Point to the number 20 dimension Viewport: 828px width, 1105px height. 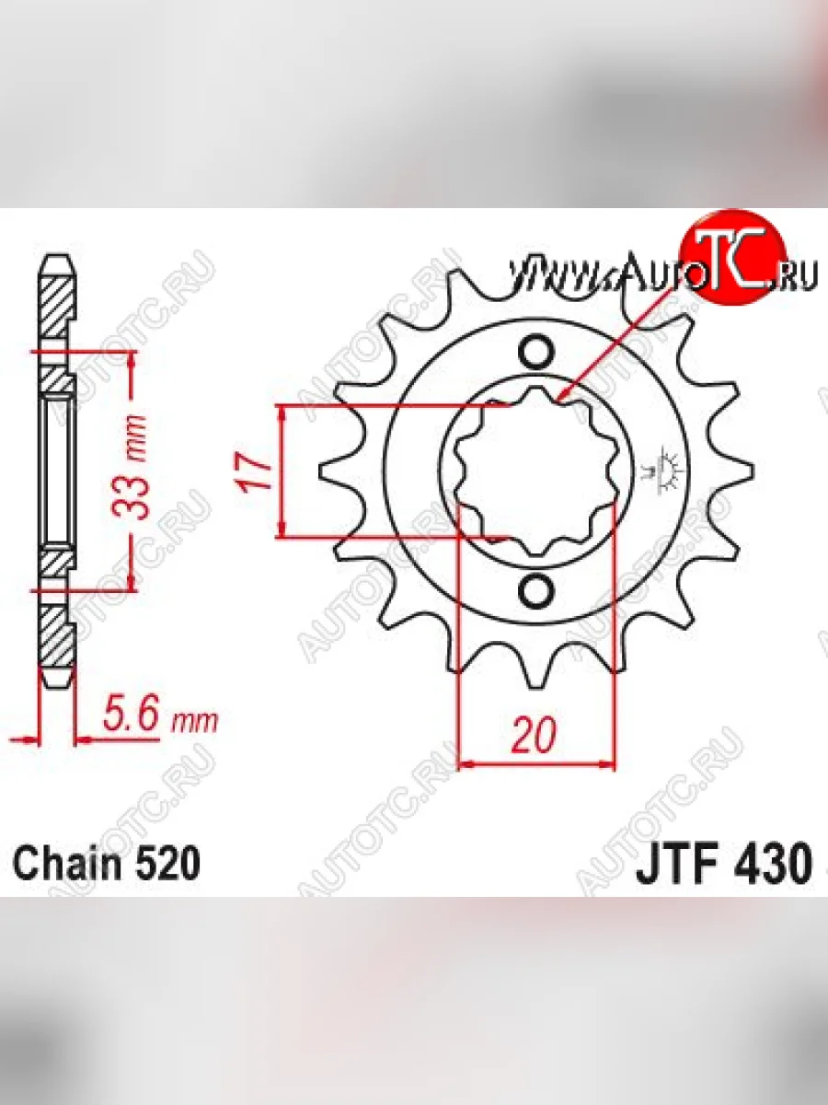click(x=534, y=748)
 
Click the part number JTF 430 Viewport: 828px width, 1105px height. click(x=724, y=863)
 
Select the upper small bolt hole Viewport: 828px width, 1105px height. click(x=534, y=351)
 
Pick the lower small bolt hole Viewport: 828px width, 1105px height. click(x=534, y=591)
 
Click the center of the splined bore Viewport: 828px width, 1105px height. click(x=536, y=471)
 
